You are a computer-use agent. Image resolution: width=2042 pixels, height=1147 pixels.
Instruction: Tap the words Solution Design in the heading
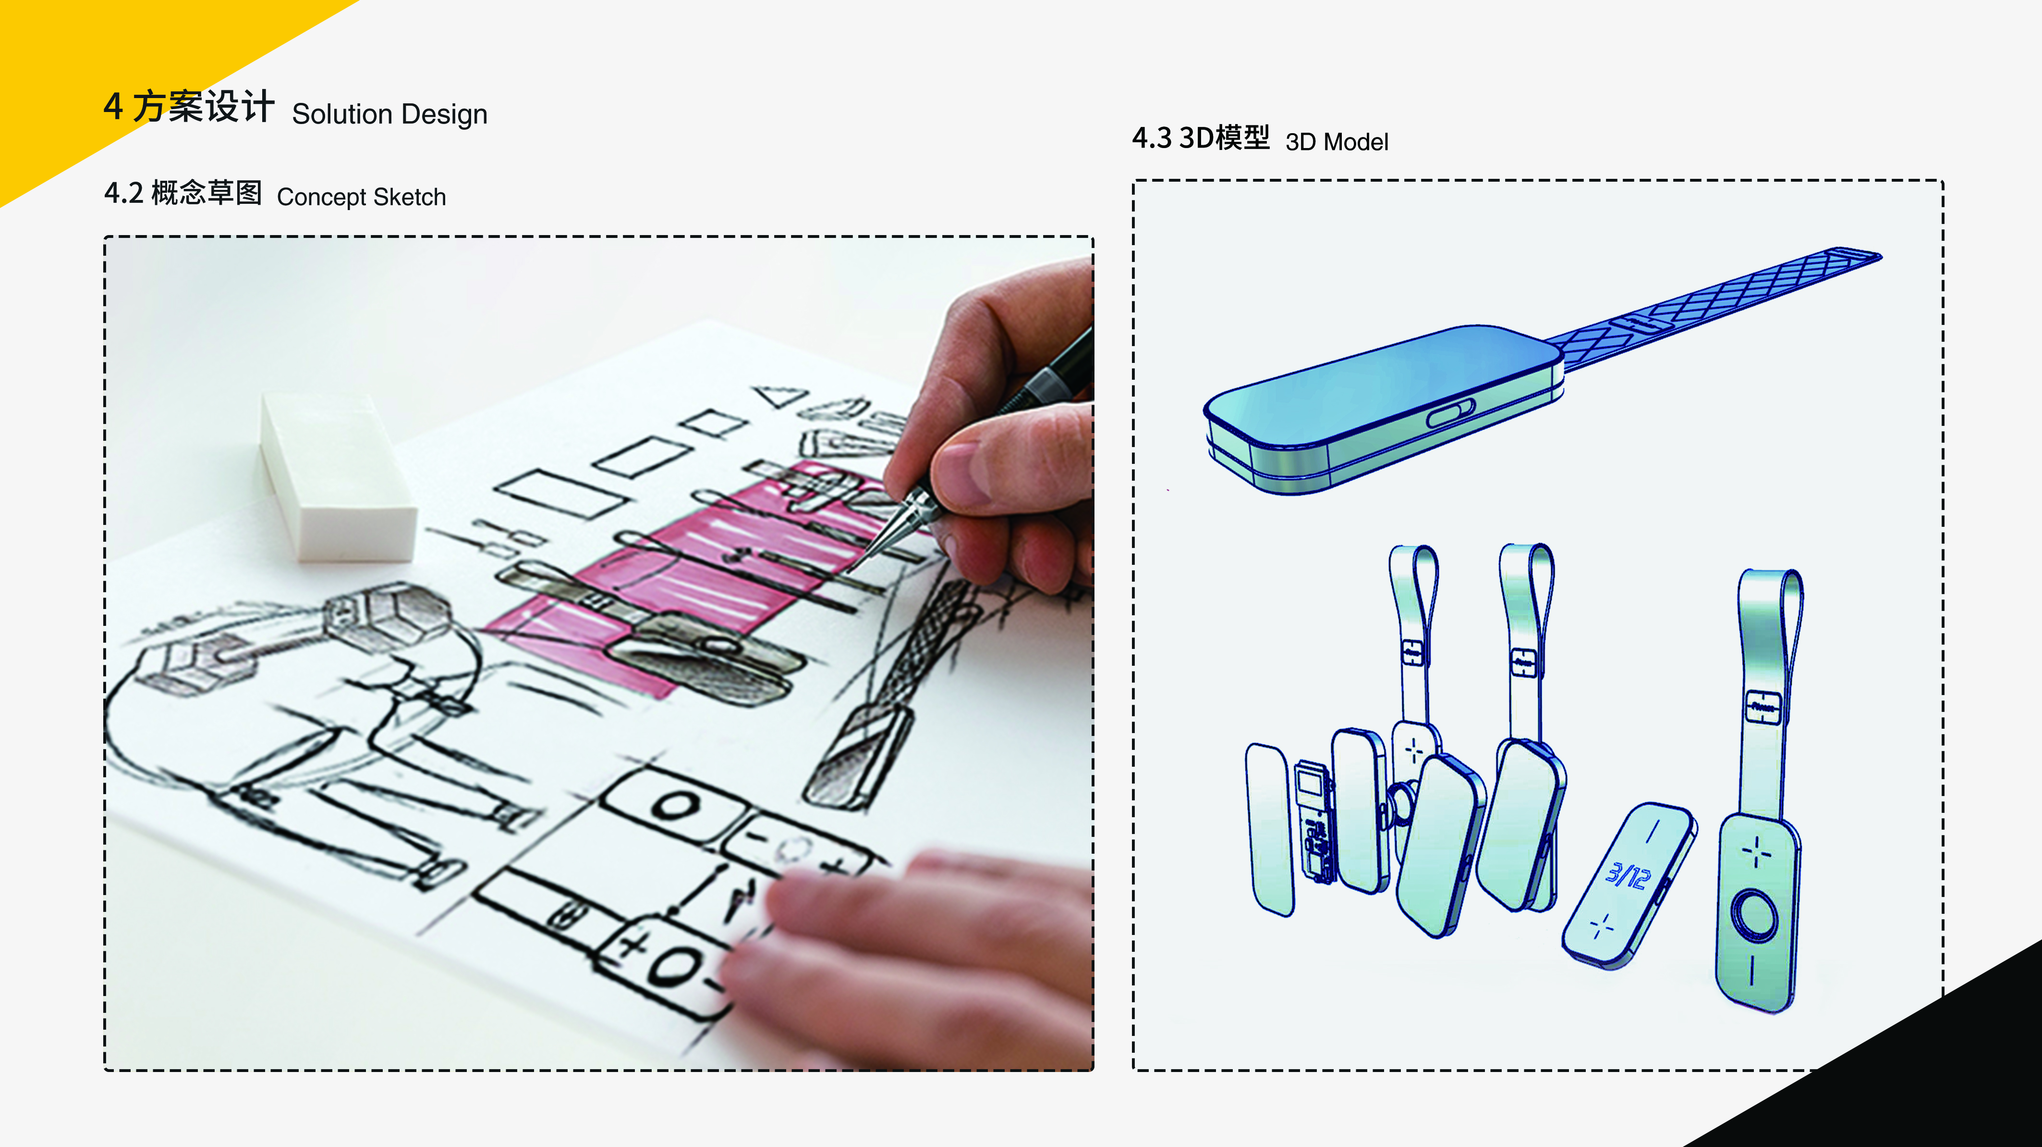pos(389,114)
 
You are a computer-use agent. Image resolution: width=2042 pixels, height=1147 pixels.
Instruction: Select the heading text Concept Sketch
pos(362,197)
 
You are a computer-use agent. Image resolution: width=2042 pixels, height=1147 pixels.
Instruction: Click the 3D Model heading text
pos(1337,142)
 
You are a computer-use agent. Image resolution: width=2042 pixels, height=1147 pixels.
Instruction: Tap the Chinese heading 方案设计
pos(203,106)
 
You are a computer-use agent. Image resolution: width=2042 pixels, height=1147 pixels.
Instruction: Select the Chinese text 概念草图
pos(206,193)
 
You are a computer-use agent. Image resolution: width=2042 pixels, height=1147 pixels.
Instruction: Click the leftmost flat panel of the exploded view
pos(1270,829)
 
